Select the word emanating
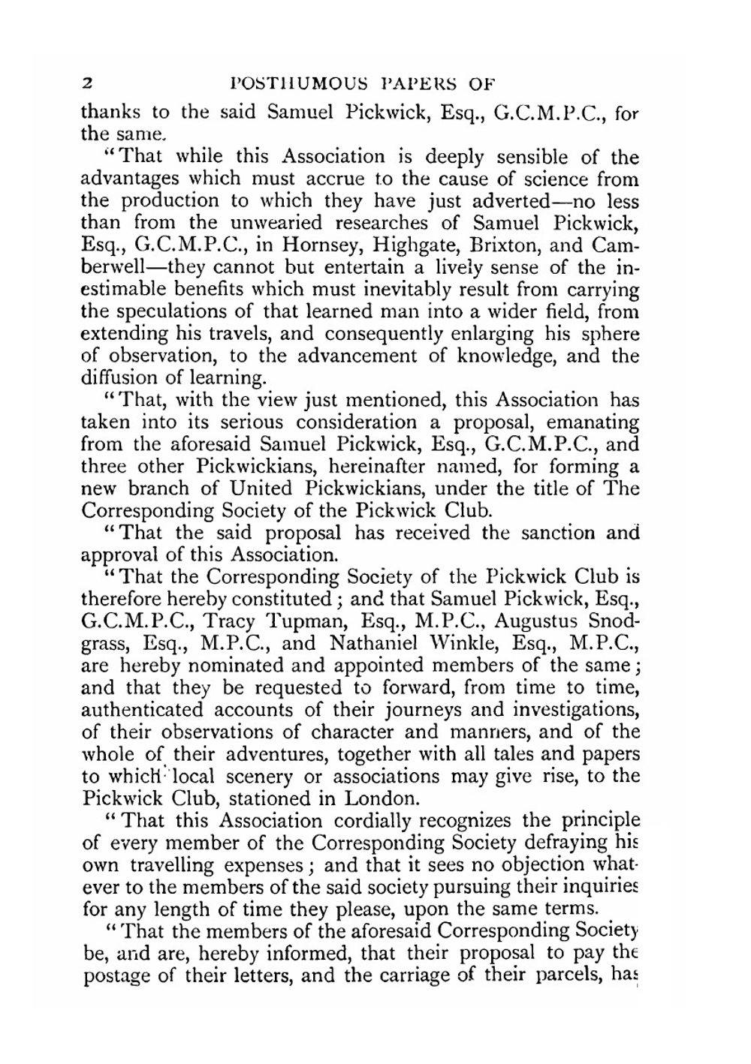(x=593, y=423)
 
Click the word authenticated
(x=142, y=710)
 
